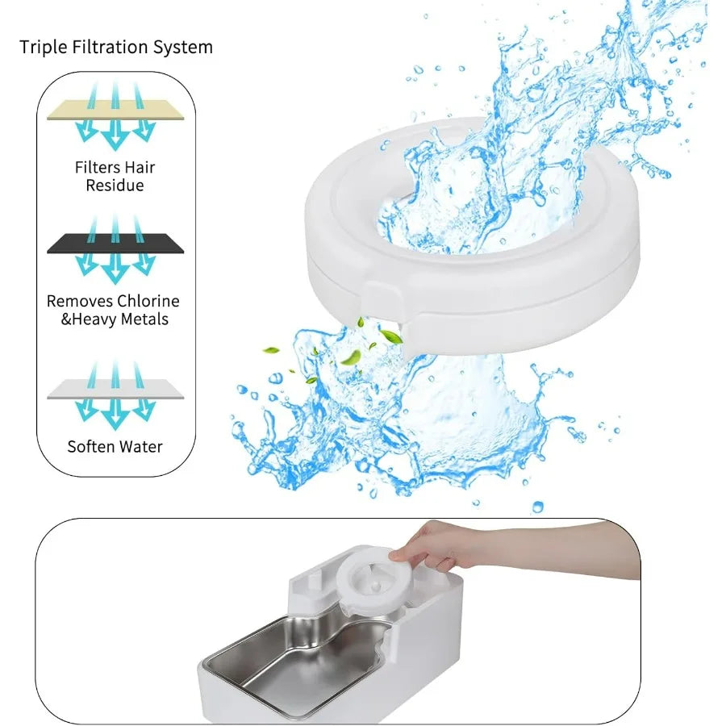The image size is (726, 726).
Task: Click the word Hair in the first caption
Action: click(x=140, y=168)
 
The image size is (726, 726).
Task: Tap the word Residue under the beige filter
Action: click(x=115, y=186)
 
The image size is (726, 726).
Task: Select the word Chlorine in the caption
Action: click(x=148, y=301)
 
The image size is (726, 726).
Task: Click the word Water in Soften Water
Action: click(x=142, y=446)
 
